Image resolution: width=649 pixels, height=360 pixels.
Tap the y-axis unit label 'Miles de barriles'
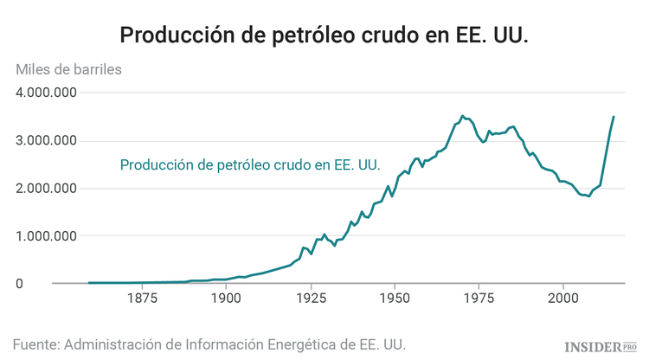click(x=68, y=69)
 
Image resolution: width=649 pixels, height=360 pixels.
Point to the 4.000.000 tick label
click(x=47, y=93)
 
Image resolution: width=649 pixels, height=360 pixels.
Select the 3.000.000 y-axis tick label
click(x=47, y=141)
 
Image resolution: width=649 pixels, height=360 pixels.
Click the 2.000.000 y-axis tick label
click(x=47, y=189)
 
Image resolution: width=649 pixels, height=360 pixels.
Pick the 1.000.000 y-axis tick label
click(x=47, y=236)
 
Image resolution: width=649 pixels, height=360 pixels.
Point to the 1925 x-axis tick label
click(x=310, y=300)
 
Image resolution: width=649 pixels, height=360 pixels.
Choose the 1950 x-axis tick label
click(x=394, y=300)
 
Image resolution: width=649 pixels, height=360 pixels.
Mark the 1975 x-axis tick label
click(x=479, y=300)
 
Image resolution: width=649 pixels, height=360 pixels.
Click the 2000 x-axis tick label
click(x=562, y=300)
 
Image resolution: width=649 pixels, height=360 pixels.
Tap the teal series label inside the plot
click(x=250, y=164)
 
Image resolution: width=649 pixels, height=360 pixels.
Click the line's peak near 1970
click(x=462, y=115)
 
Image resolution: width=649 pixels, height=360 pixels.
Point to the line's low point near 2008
click(x=588, y=196)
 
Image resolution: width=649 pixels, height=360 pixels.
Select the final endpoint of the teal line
click(x=614, y=117)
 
